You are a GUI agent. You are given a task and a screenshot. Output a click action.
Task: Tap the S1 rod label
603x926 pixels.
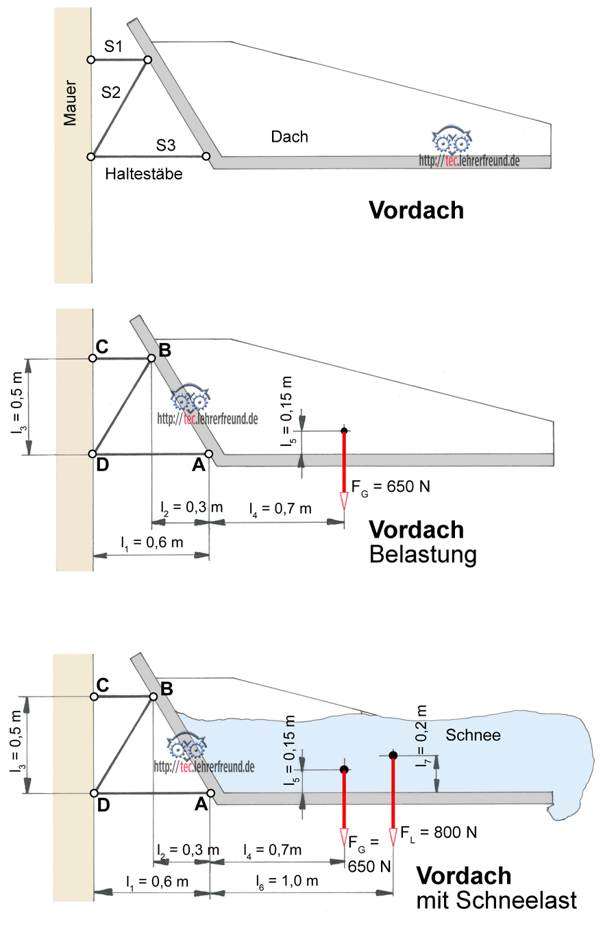tap(114, 47)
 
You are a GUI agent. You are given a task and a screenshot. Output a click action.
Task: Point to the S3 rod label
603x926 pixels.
tap(166, 145)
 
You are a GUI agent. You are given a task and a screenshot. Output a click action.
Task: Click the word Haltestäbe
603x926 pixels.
tap(144, 174)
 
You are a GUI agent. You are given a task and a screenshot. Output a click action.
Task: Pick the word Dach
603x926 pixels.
tap(289, 136)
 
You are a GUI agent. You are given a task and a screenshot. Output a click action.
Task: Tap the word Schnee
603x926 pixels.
tap(473, 736)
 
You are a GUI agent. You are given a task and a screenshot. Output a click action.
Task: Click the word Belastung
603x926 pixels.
tap(422, 554)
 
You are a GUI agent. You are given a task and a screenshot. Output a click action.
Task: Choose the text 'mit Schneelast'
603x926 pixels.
tap(497, 900)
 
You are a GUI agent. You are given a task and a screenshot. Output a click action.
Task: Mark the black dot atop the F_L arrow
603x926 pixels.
tap(393, 755)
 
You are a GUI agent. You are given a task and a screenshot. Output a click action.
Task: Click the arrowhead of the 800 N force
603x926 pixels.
tap(393, 836)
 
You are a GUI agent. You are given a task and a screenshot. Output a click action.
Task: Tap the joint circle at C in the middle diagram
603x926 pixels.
tap(93, 358)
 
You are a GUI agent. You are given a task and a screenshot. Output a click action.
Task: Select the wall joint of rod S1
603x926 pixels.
tap(90, 60)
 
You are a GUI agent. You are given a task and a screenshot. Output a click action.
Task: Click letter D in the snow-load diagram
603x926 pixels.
tap(103, 805)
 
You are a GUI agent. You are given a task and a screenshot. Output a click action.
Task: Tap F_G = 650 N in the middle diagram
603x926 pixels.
tap(391, 487)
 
